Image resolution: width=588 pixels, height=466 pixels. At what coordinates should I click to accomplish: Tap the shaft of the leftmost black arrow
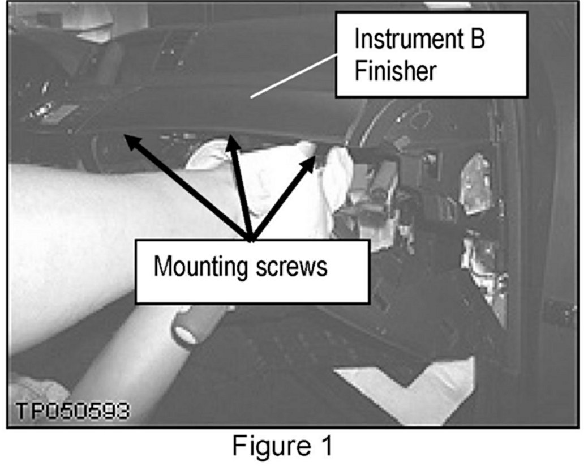coord(187,187)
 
